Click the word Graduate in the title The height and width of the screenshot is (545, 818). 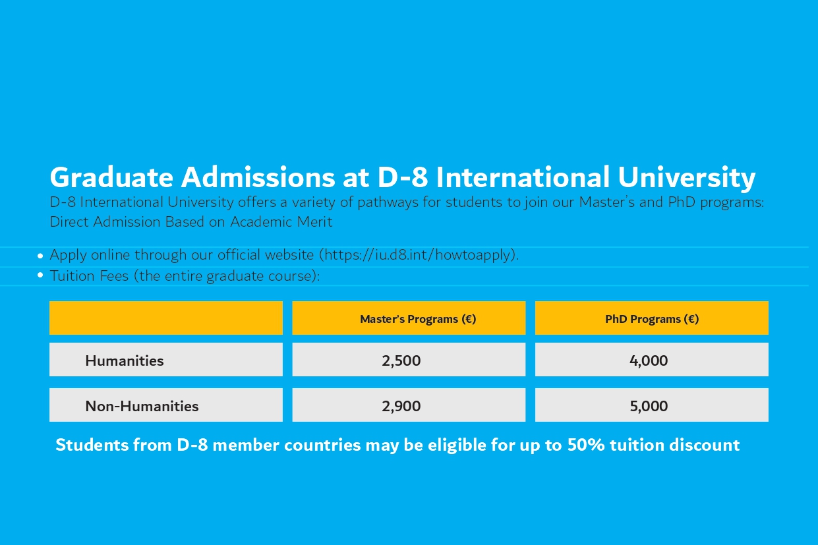pos(111,178)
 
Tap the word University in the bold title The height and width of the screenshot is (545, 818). pos(687,178)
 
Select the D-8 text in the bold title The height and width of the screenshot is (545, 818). pos(402,177)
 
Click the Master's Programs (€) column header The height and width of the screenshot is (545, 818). pos(418,319)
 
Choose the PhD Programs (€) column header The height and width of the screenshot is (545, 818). pos(652,319)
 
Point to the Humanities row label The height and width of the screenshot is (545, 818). pos(124,360)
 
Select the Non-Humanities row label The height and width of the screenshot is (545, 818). pos(142,406)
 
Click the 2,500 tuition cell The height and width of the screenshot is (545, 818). pos(401,360)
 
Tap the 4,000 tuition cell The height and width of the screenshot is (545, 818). pos(649,360)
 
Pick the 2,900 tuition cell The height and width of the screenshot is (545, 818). pos(401,406)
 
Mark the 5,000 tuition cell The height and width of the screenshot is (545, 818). pos(649,406)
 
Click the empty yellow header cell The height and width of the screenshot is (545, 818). pos(166,318)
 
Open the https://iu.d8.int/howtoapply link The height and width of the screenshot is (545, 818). pos(420,255)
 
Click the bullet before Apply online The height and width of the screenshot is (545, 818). pos(40,256)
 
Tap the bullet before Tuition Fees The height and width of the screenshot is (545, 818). pos(40,275)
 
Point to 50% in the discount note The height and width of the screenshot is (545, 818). pos(586,445)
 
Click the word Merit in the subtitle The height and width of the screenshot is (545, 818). pos(314,222)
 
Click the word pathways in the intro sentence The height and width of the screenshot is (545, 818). pos(388,202)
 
